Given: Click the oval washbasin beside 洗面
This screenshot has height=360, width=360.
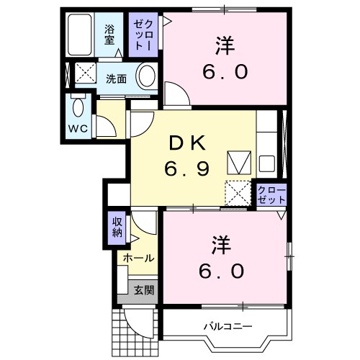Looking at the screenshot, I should point(147,76).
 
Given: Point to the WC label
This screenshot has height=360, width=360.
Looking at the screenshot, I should point(78,128).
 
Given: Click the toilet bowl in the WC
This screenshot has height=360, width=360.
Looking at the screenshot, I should point(78,109).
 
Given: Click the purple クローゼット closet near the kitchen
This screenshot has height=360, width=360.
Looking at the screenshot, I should point(272,194).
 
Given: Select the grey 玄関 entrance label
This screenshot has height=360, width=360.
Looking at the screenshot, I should point(143,290).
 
